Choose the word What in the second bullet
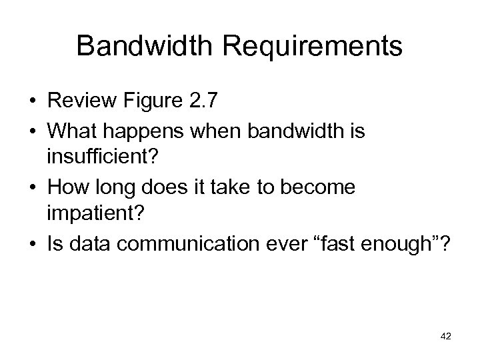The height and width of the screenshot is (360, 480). (69, 132)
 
